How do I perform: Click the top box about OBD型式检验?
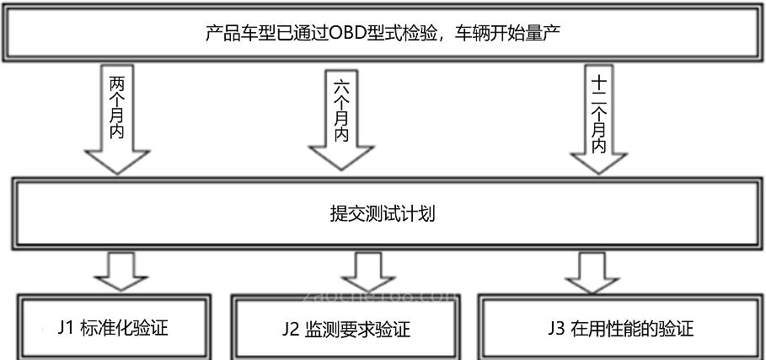click(x=383, y=34)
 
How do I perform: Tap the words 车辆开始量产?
click(x=512, y=34)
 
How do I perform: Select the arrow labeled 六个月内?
click(x=340, y=118)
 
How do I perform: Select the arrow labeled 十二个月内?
click(x=600, y=118)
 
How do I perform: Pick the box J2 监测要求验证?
click(x=346, y=327)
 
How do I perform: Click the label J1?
click(x=67, y=327)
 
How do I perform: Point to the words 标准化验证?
click(x=124, y=327)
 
